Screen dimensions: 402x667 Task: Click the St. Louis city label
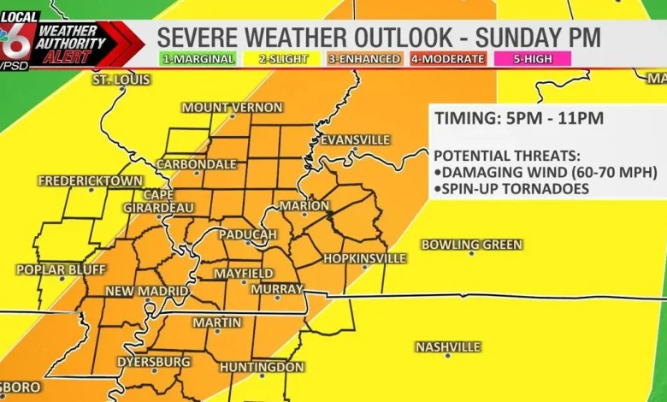(x=121, y=80)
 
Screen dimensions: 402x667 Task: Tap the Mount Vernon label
(x=232, y=107)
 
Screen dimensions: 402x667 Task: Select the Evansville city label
(x=355, y=139)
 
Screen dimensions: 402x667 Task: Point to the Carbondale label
(x=197, y=163)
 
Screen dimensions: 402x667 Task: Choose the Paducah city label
(x=248, y=234)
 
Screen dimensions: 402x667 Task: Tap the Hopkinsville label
(x=364, y=257)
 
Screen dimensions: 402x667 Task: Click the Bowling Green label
(x=471, y=245)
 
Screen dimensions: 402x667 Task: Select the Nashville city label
(x=447, y=346)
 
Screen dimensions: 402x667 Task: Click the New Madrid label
(x=146, y=292)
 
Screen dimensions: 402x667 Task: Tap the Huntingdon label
(x=262, y=367)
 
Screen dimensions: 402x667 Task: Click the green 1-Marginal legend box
(x=198, y=59)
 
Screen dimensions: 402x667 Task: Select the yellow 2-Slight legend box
(x=280, y=59)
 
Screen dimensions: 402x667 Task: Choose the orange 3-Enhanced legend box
(x=364, y=59)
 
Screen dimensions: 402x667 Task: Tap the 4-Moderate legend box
(x=447, y=59)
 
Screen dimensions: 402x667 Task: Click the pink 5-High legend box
(x=531, y=59)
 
